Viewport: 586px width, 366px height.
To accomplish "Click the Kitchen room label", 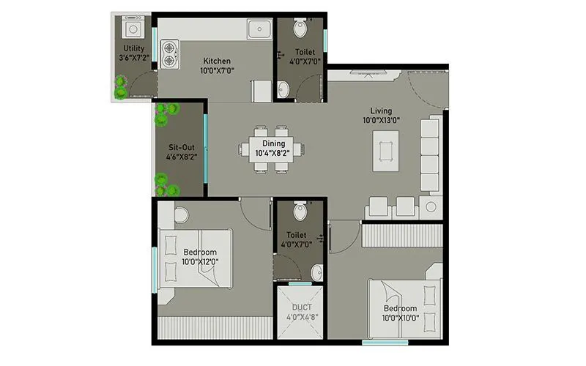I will [217, 61].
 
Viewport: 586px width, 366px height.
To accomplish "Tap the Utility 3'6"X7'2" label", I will [134, 53].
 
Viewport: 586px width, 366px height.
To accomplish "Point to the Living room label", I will [381, 111].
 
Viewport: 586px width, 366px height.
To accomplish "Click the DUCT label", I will [302, 308].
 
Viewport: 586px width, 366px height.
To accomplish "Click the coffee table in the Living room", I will [386, 151].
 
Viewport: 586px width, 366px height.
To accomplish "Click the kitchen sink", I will [259, 29].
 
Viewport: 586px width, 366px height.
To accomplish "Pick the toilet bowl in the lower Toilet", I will [299, 212].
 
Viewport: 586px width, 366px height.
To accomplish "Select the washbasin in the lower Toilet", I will [316, 273].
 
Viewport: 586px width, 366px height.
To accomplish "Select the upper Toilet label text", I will [306, 52].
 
